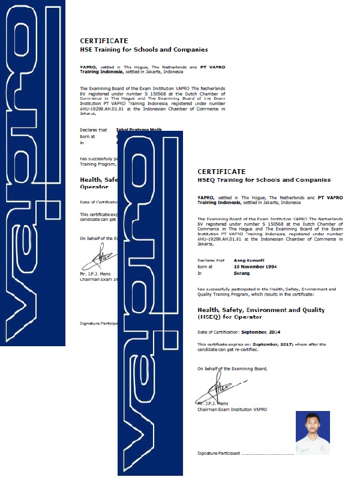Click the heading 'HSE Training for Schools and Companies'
143,50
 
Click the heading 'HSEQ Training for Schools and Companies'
263,180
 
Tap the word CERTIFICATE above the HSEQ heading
221,172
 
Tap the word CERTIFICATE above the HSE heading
104,41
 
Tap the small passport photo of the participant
313,432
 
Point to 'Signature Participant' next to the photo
219,454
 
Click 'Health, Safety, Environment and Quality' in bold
261,310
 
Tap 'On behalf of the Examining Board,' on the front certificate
232,368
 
